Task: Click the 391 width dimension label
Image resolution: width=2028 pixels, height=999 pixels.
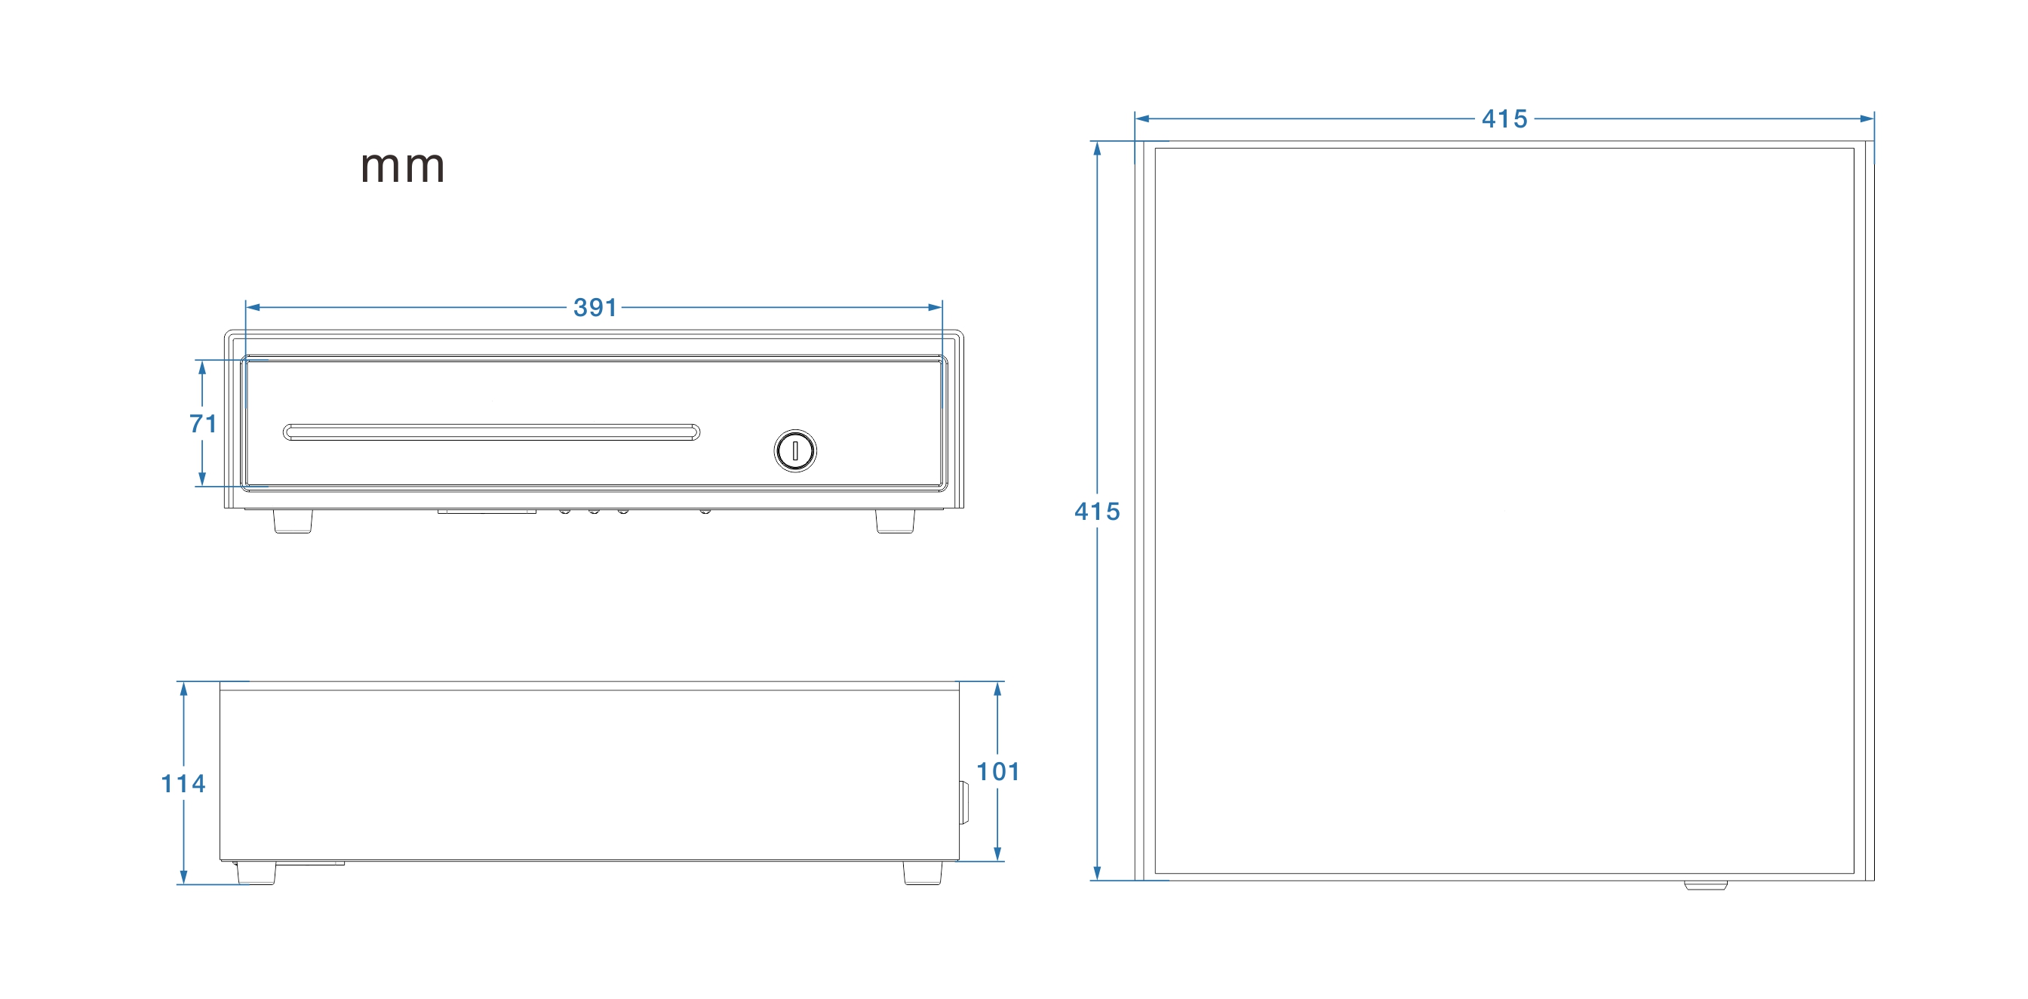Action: coord(595,307)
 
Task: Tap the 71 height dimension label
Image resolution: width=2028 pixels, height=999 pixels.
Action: coord(203,423)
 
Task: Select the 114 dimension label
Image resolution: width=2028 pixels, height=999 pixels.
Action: coord(183,783)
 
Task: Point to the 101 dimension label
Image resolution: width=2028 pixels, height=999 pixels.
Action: coord(997,771)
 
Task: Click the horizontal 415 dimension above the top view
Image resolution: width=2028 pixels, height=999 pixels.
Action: coord(1504,119)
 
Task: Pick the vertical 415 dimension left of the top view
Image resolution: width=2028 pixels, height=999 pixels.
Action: coord(1097,512)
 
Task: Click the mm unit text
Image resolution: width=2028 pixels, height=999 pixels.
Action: coord(402,167)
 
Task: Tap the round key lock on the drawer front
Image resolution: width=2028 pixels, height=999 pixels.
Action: coord(795,451)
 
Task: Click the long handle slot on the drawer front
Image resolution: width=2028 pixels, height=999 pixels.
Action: coord(491,432)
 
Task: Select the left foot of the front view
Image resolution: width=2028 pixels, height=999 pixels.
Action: coord(293,521)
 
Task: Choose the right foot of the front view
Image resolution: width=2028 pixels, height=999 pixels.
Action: coord(895,521)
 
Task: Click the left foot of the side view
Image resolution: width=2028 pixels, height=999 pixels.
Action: coord(256,872)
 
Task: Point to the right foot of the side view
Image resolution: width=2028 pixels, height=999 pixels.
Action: coord(922,872)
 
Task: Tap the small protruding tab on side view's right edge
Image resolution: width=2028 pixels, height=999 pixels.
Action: coord(963,802)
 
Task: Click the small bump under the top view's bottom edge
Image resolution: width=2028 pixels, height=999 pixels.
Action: coord(1705,885)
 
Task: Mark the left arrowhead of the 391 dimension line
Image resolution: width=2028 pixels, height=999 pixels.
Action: coord(253,307)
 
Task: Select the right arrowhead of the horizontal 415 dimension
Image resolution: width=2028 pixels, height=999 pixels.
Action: coord(1867,119)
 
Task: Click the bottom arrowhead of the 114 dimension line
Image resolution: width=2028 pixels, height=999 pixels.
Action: coord(183,877)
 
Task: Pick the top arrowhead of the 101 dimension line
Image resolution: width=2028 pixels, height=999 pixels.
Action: coord(997,690)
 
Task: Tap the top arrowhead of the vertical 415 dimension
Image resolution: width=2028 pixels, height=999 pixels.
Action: coord(1097,149)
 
